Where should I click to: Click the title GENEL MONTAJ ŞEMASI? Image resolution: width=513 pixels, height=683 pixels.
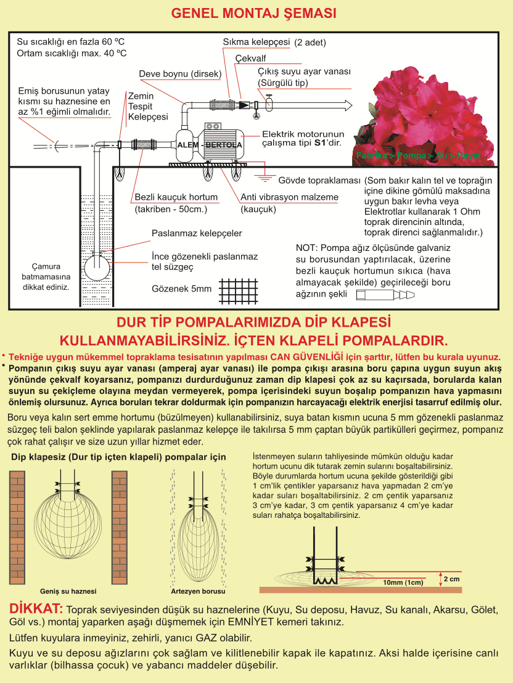pos(253,13)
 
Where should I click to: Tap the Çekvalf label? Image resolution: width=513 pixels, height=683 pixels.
pos(250,59)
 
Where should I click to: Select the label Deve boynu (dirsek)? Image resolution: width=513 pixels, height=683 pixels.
pos(180,74)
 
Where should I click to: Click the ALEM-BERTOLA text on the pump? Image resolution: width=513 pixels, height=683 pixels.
pos(210,145)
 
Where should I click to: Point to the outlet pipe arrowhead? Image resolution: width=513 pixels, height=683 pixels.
pos(348,105)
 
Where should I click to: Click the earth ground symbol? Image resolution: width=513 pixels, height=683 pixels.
pos(263,178)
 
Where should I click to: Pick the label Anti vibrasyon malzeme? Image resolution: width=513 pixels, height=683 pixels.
pos(289,197)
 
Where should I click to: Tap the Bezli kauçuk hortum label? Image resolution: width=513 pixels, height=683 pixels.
pos(176,197)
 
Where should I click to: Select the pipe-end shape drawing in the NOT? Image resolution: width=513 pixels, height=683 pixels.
pos(385,295)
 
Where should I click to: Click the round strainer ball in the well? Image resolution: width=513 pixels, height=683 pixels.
pos(97,268)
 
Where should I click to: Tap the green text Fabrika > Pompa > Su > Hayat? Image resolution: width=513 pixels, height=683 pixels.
pos(419,155)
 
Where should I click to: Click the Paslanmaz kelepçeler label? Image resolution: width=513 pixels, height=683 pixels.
pos(197,234)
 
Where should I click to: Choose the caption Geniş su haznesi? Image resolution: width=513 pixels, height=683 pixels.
pos(68,591)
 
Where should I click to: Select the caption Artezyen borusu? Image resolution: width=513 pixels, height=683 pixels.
pos(198,591)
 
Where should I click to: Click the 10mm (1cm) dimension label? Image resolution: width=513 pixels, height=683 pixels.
pos(403,583)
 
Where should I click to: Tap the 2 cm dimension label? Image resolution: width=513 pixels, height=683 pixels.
pos(451,579)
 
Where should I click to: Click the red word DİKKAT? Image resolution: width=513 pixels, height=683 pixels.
pos(36,608)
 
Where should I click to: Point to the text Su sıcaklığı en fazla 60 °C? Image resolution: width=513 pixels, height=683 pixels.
pos(71,42)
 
